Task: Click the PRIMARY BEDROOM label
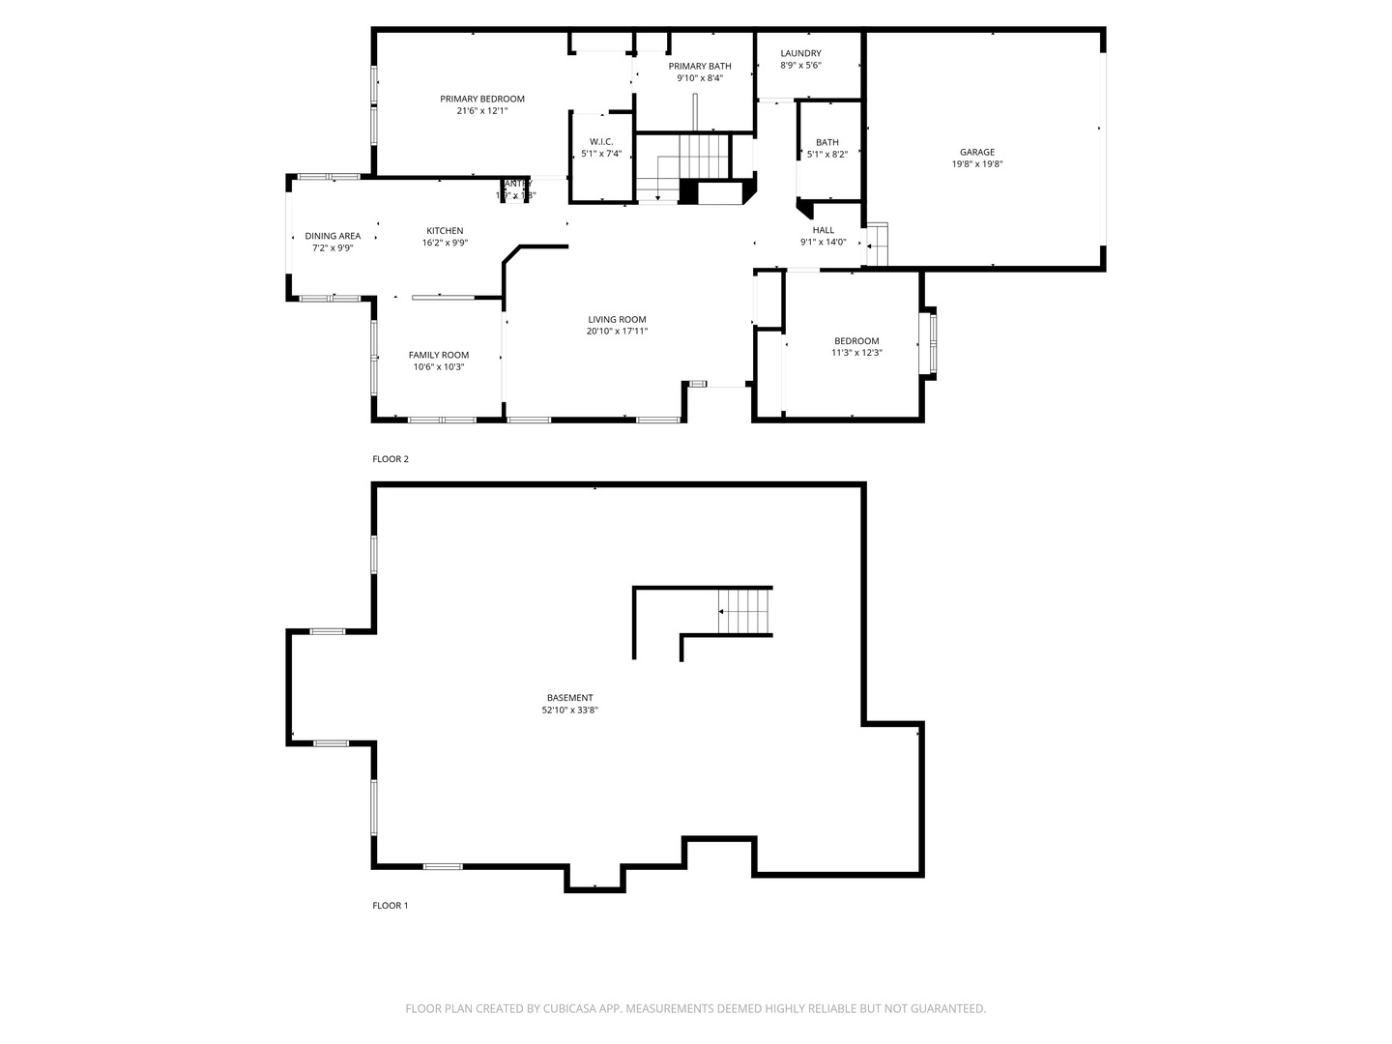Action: [x=481, y=99]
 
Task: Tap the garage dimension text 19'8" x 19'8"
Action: [x=976, y=164]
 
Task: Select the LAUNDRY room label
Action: [x=800, y=53]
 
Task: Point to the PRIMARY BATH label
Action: [x=700, y=66]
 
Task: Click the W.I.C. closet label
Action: [x=601, y=141]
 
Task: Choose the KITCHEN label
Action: [x=445, y=230]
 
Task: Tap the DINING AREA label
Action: [x=333, y=236]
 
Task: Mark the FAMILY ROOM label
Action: [x=438, y=355]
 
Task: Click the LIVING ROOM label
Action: [x=617, y=319]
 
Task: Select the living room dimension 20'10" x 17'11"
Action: [x=617, y=332]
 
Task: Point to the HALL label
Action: [x=823, y=230]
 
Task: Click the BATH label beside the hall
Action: [x=826, y=142]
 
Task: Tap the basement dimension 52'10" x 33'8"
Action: [x=569, y=710]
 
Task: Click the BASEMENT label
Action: [x=569, y=697]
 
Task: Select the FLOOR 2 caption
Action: [x=391, y=459]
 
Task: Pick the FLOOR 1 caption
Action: [x=391, y=906]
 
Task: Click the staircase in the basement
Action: [x=744, y=611]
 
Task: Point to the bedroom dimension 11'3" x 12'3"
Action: [x=856, y=353]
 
